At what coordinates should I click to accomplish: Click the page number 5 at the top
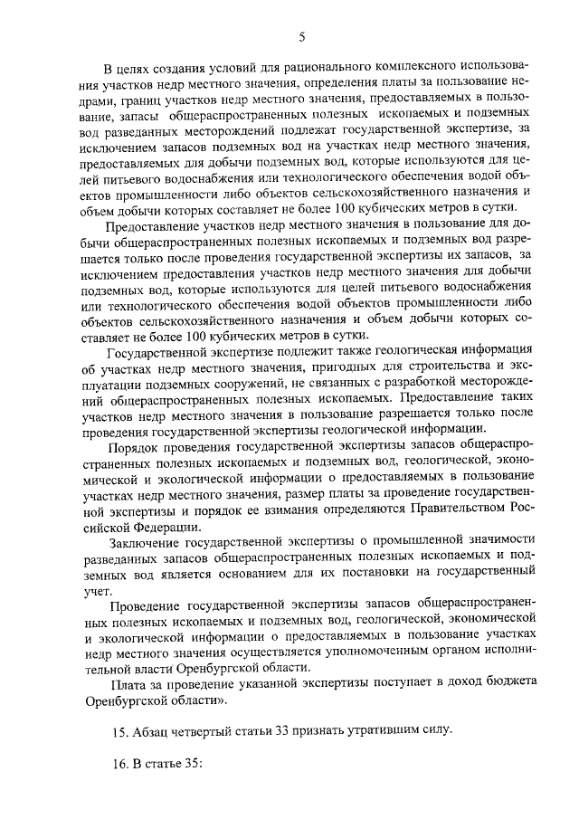303,36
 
